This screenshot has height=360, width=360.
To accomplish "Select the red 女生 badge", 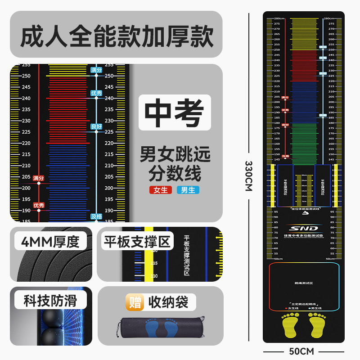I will pos(161,190).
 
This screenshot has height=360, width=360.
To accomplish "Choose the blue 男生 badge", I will pos(188,190).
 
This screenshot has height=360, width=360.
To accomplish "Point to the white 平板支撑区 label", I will pos(138,242).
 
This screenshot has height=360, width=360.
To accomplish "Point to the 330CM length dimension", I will pos(248,175).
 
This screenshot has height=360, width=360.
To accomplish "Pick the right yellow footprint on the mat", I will pos(317,324).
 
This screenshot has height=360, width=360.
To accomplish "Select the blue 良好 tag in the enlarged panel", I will pos(96,127).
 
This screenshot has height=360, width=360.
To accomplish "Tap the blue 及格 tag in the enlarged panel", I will pos(96,216).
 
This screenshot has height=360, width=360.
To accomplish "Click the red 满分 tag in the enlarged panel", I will pos(39,178).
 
